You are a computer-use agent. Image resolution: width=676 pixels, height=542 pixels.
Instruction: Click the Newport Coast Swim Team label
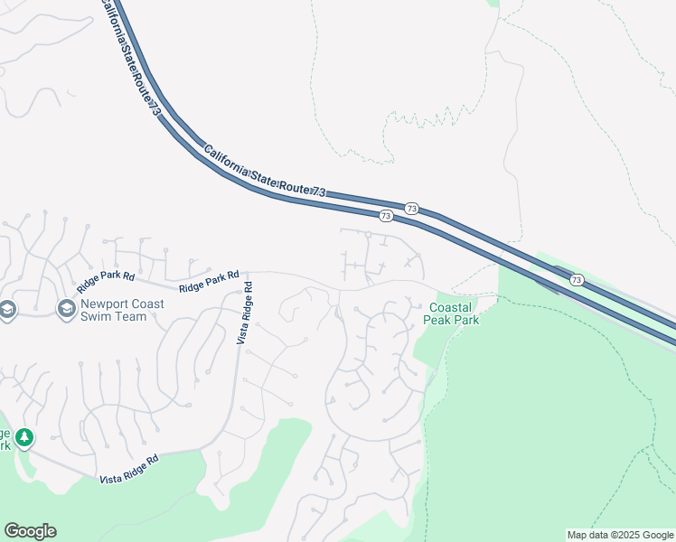122,310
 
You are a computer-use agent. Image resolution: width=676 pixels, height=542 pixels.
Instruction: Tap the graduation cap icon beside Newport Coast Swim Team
66,310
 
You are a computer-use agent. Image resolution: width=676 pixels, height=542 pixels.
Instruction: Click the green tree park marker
23,437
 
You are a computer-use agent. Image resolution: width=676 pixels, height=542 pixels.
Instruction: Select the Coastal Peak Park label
452,313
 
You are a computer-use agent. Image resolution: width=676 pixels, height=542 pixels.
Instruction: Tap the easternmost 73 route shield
576,281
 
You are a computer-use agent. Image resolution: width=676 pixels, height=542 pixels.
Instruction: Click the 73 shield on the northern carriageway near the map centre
411,208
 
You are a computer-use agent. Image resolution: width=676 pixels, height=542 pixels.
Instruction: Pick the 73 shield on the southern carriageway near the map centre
386,216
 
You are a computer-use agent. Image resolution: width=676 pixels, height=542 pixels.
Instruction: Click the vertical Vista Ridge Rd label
244,313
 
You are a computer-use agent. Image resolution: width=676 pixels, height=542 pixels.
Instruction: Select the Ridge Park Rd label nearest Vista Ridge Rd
209,281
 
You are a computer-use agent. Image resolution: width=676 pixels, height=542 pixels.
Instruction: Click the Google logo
30,531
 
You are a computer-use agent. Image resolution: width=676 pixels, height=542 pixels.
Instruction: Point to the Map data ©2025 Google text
620,535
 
